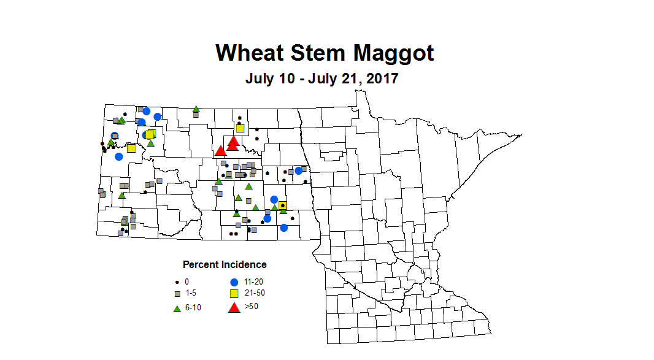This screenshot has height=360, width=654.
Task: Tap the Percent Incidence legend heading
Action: click(x=225, y=264)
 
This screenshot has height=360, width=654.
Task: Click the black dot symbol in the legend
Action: click(x=176, y=282)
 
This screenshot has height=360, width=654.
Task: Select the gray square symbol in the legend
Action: click(x=176, y=294)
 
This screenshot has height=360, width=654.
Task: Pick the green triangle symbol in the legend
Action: click(x=176, y=307)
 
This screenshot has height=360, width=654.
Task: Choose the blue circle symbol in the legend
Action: click(x=233, y=282)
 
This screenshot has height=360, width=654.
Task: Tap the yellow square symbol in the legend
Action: click(x=233, y=294)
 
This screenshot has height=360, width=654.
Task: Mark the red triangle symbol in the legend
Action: click(x=233, y=307)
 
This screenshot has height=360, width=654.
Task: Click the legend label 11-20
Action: click(x=254, y=281)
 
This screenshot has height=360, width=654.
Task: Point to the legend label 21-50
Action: click(x=255, y=293)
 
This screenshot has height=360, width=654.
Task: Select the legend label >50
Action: click(x=252, y=306)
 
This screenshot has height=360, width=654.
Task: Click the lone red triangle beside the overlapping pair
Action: click(x=220, y=151)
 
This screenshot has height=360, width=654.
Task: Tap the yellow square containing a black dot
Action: click(x=282, y=205)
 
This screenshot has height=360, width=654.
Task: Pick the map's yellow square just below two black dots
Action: click(x=240, y=128)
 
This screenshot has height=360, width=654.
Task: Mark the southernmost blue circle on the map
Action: click(x=284, y=228)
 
